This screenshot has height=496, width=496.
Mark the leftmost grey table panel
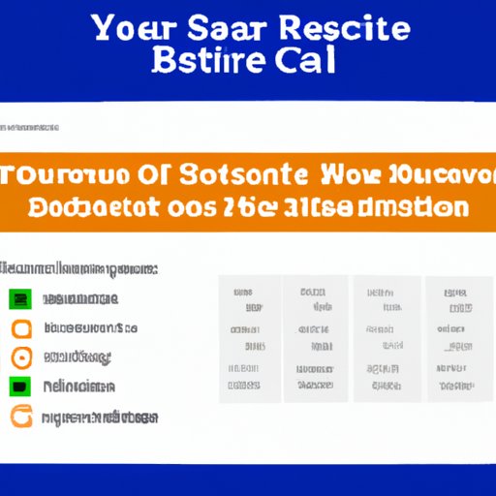click(x=249, y=338)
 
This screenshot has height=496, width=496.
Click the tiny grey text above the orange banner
click(x=31, y=128)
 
